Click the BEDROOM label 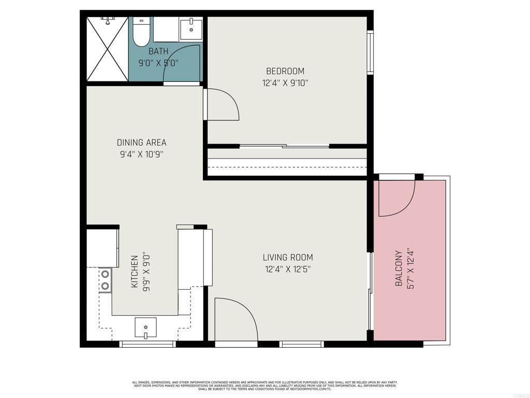click(x=285, y=71)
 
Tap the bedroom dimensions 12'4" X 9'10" click(x=285, y=83)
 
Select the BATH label click(x=158, y=51)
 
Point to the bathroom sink click(x=191, y=30)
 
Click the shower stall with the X click(x=108, y=49)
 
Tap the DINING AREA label click(x=142, y=143)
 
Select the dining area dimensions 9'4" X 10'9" click(x=142, y=154)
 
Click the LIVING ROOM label click(x=288, y=258)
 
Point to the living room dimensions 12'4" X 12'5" click(x=288, y=269)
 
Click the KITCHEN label click(x=135, y=272)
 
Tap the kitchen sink click(x=145, y=328)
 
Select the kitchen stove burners click(x=105, y=280)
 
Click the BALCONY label click(x=399, y=268)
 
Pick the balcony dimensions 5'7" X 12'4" click(x=410, y=269)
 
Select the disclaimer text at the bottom click(x=264, y=386)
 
